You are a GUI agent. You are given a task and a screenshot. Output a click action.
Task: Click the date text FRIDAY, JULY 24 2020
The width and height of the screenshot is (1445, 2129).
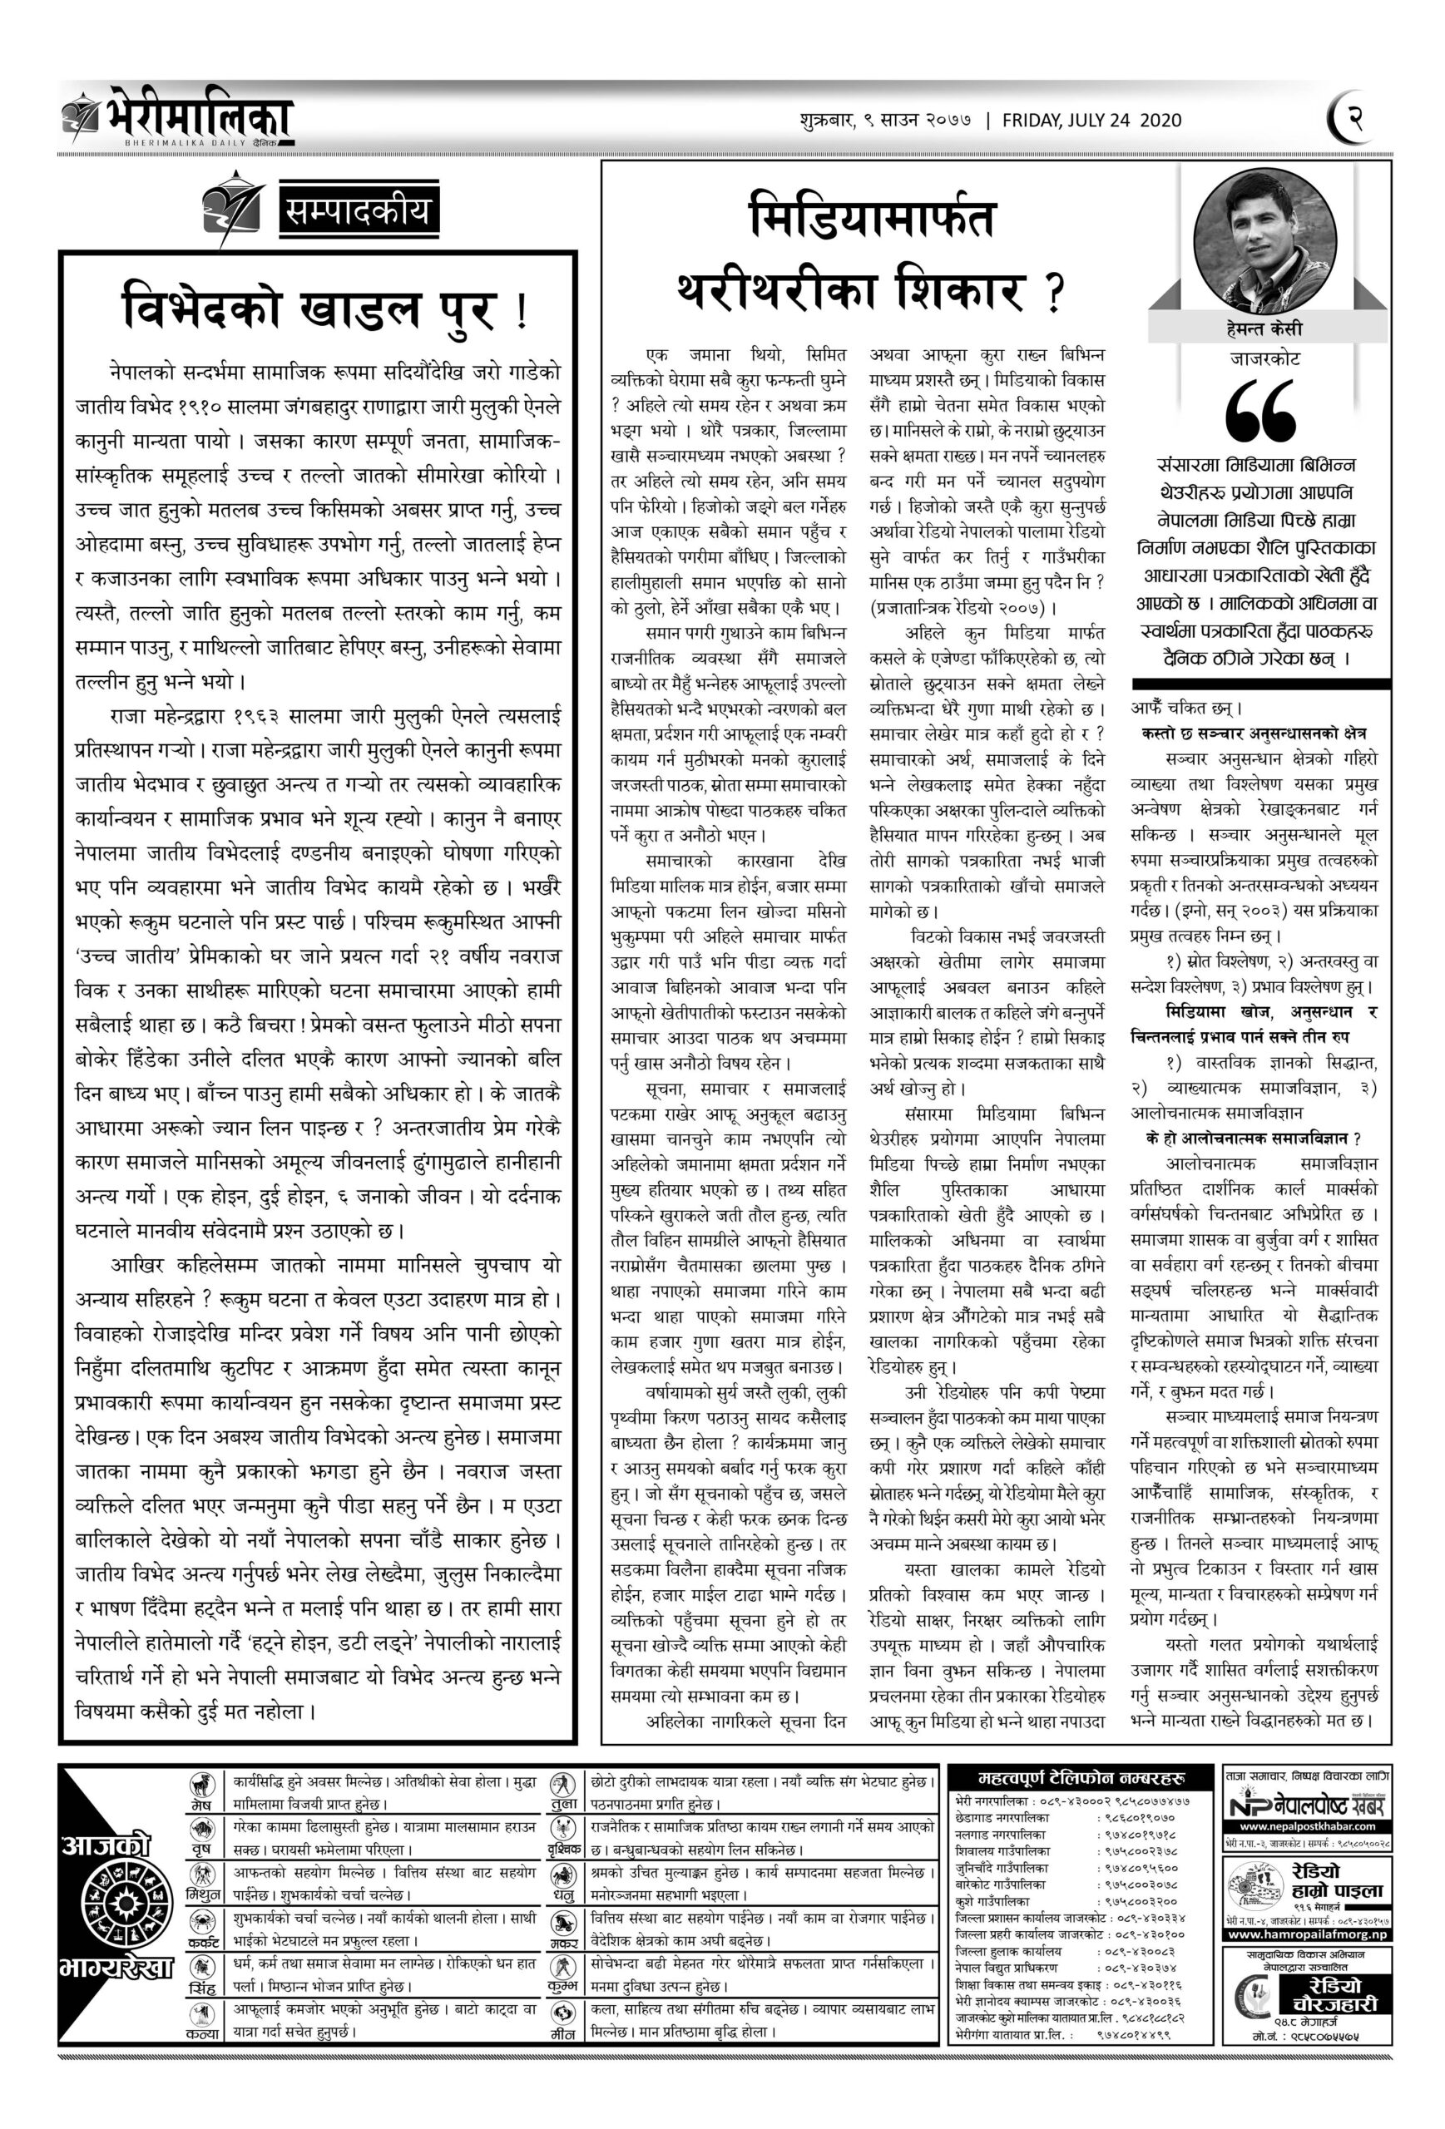pyautogui.click(x=1091, y=120)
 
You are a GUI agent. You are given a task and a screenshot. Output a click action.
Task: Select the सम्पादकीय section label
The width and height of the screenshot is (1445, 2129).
pyautogui.click(x=358, y=215)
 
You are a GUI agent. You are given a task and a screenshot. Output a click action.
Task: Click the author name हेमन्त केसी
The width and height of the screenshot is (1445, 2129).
pyautogui.click(x=1264, y=328)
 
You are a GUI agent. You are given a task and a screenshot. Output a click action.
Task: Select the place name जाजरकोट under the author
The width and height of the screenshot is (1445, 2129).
pyautogui.click(x=1264, y=359)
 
